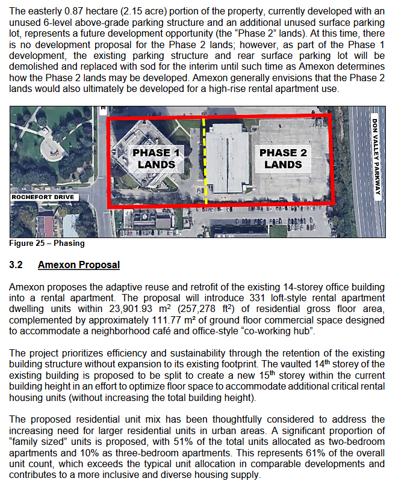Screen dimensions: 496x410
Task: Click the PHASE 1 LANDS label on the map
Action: [x=156, y=158]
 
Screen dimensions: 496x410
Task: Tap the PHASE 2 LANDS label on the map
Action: [x=283, y=158]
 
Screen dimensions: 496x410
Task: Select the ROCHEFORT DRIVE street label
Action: [x=43, y=197]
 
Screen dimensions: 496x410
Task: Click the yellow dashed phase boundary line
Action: [x=205, y=162]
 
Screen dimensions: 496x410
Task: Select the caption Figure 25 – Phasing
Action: [x=47, y=243]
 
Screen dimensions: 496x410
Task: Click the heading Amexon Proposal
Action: [x=78, y=265]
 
